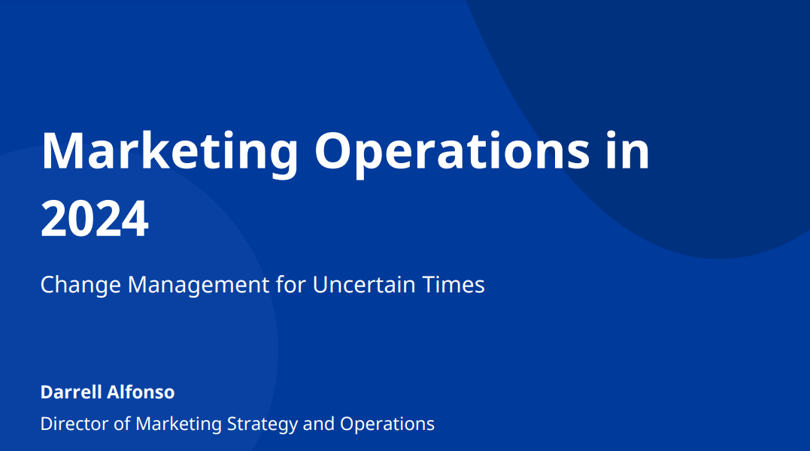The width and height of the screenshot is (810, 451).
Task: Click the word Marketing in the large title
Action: [x=170, y=152]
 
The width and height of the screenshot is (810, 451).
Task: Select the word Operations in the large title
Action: [x=452, y=152]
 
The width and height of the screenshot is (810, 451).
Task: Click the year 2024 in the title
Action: [x=95, y=219]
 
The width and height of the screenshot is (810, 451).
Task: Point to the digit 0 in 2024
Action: [x=81, y=219]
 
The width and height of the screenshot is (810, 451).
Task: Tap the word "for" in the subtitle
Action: [x=291, y=284]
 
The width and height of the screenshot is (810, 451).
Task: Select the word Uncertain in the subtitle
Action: [x=364, y=284]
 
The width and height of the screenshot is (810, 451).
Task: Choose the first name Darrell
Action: [x=71, y=392]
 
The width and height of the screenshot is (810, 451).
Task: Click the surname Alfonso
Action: [x=141, y=392]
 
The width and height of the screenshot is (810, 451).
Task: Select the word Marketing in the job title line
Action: [x=179, y=425]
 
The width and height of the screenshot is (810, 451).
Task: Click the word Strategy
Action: [x=262, y=425]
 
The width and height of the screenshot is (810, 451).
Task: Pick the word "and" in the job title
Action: [x=319, y=424]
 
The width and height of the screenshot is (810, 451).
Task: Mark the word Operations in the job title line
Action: [x=387, y=425]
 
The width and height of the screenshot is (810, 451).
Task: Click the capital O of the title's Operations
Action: [x=335, y=150]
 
